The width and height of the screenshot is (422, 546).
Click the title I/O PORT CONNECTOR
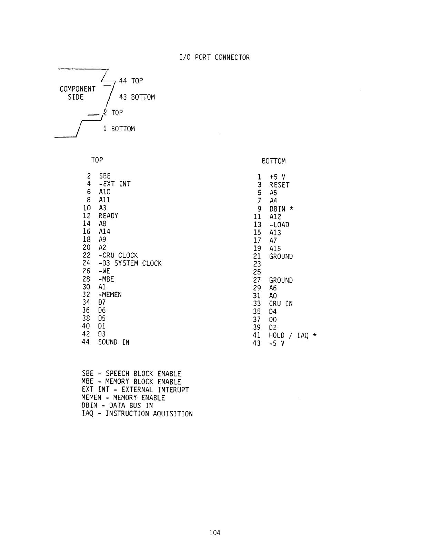click(214, 57)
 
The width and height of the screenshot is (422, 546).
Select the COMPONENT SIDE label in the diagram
click(77, 93)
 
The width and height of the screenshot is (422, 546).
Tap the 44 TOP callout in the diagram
click(131, 81)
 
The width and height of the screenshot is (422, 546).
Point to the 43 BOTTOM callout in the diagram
click(137, 97)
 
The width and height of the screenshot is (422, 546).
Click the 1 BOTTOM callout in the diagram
click(119, 129)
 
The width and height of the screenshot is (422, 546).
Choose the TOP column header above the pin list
click(97, 160)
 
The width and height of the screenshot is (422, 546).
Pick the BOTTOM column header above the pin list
click(274, 161)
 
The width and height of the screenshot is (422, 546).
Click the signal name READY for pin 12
click(108, 216)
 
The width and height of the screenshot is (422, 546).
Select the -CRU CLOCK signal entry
click(118, 255)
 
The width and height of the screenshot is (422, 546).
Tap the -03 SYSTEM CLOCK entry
click(130, 263)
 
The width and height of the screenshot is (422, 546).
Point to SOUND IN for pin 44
click(114, 342)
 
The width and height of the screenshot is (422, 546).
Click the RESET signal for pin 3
click(279, 185)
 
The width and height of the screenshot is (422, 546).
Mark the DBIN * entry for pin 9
click(281, 209)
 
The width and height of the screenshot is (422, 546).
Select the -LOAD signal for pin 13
click(279, 225)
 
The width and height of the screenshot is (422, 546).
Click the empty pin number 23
click(257, 264)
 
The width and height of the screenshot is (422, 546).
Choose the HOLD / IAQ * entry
click(293, 335)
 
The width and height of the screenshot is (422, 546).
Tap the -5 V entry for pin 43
click(277, 343)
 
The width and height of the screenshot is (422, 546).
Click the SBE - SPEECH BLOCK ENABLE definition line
click(131, 374)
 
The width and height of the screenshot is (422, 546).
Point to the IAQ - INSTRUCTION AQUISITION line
click(137, 414)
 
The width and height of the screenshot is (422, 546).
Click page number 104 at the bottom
click(214, 533)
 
